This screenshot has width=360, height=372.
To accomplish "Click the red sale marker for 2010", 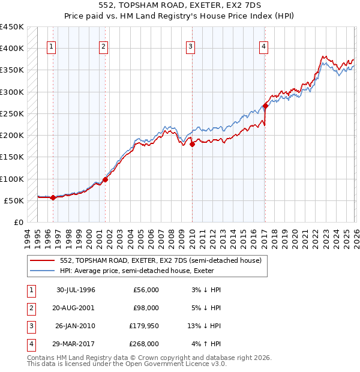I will pyautogui.click(x=193, y=144).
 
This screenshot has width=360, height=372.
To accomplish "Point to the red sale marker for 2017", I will pyautogui.click(x=265, y=106).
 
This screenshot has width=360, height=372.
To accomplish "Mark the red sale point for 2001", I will pyautogui.click(x=105, y=179).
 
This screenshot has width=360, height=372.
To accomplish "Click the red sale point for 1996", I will pyautogui.click(x=53, y=197).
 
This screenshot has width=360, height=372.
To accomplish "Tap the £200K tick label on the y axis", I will pyautogui.click(x=12, y=136).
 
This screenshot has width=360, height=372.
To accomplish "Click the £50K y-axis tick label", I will pyautogui.click(x=14, y=200).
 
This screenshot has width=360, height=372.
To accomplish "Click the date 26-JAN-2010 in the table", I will pyautogui.click(x=76, y=326).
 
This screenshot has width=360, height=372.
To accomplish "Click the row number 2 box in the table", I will pyautogui.click(x=31, y=308).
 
